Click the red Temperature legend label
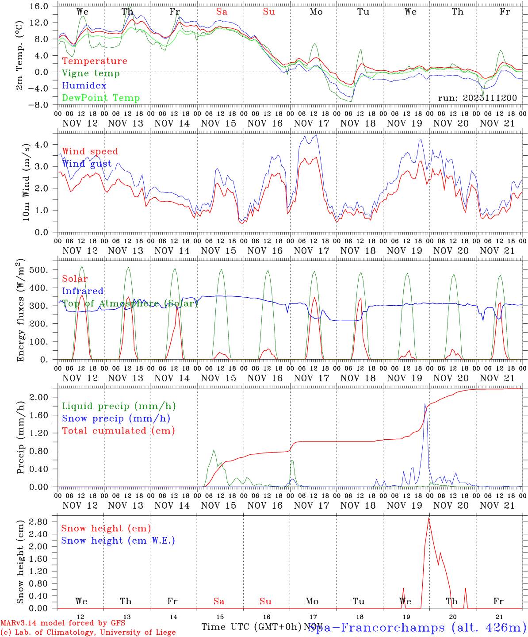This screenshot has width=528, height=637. pyautogui.click(x=95, y=61)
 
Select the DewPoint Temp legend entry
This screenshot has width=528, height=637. pyautogui.click(x=101, y=98)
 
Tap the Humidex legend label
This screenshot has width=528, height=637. pyautogui.click(x=84, y=86)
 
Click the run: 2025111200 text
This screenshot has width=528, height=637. pyautogui.click(x=477, y=98)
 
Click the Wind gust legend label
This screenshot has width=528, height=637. pyautogui.click(x=87, y=164)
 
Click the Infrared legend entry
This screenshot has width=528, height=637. pyautogui.click(x=83, y=291)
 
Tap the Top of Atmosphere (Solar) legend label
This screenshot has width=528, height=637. pyautogui.click(x=130, y=303)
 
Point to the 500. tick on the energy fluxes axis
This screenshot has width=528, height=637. pyautogui.click(x=44, y=270)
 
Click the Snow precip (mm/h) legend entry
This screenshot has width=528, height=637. pyautogui.click(x=116, y=418)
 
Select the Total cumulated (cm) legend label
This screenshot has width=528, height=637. pyautogui.click(x=119, y=431)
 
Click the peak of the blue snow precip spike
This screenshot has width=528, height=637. pyautogui.click(x=425, y=404)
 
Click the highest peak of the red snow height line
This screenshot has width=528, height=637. pyautogui.click(x=429, y=518)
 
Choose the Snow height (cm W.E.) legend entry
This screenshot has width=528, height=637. pyautogui.click(x=118, y=541)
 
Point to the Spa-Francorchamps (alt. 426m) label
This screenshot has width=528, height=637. pyautogui.click(x=417, y=627)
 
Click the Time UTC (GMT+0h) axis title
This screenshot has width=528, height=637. pyautogui.click(x=251, y=627)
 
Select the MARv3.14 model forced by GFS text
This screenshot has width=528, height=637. pyautogui.click(x=63, y=623)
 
